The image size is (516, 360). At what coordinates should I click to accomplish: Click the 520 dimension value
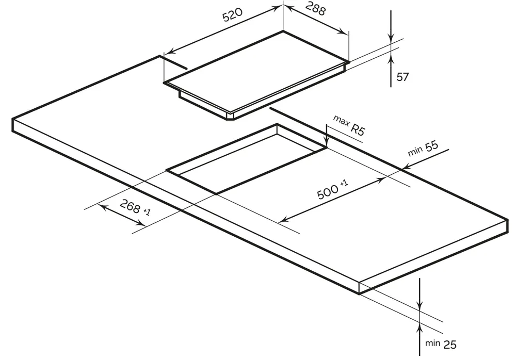[x=233, y=14]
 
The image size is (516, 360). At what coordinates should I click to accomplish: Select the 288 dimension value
[x=315, y=9]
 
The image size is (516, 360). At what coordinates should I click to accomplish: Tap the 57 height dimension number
[x=402, y=77]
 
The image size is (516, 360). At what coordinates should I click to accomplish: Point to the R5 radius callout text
[x=358, y=129]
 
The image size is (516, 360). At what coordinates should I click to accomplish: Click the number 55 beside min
[x=432, y=146]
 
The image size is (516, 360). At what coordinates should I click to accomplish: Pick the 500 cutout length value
[x=328, y=192]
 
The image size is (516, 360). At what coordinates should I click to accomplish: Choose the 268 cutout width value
[x=130, y=206]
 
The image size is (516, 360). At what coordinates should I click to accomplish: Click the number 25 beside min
[x=450, y=345]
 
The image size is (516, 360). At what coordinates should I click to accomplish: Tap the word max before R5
[x=341, y=120]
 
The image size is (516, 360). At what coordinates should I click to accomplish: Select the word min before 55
[x=415, y=152]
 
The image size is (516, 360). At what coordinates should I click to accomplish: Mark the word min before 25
[x=432, y=343]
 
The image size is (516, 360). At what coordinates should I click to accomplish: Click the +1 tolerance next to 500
[x=344, y=183]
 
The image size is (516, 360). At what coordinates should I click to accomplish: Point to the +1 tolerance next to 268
[x=147, y=211]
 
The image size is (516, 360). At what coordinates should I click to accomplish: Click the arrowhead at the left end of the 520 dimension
[x=169, y=52]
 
